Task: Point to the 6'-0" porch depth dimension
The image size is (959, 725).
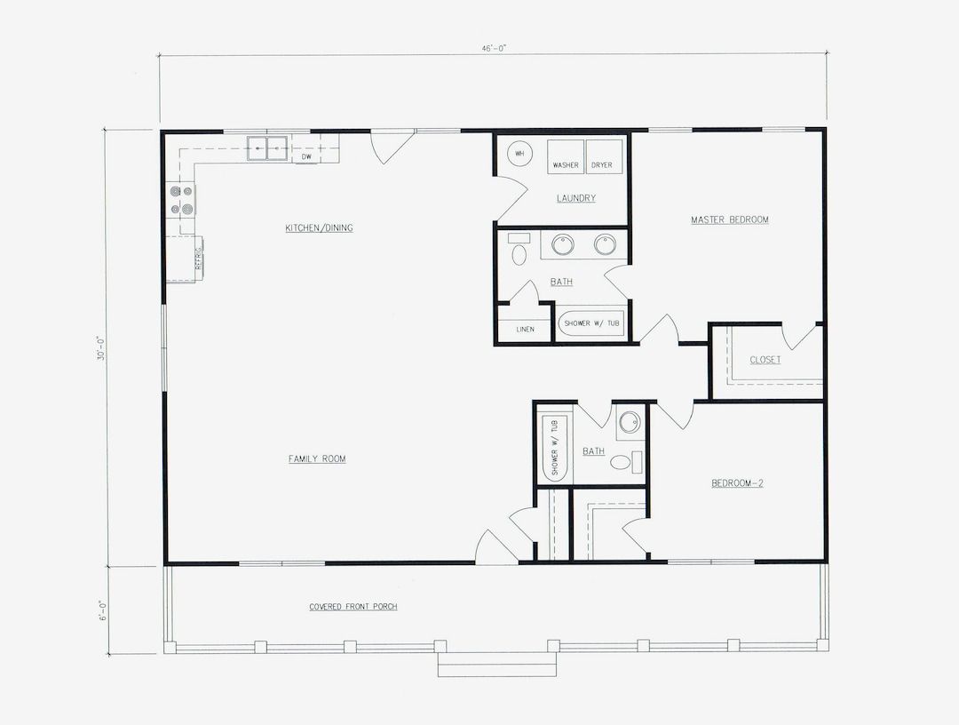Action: (102, 611)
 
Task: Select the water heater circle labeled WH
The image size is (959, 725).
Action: (520, 154)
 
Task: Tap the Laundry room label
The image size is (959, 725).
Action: (575, 198)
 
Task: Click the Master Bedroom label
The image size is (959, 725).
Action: (729, 219)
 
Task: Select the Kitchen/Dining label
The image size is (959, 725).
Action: (319, 228)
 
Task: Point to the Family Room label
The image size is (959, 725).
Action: (317, 459)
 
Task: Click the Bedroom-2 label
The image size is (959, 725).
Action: (737, 483)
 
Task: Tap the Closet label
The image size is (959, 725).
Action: (765, 360)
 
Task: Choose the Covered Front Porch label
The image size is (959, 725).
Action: (353, 607)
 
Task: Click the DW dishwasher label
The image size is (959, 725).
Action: (305, 157)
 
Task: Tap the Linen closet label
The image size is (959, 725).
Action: (525, 330)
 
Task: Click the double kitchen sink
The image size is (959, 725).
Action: (267, 147)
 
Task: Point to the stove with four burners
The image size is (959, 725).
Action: (182, 201)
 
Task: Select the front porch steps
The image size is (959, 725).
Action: (496, 664)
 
